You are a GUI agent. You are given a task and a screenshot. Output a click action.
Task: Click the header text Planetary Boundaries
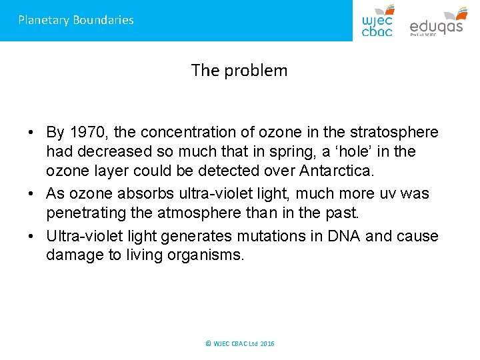[x=76, y=20]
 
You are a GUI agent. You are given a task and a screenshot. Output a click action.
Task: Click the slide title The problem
[x=239, y=70]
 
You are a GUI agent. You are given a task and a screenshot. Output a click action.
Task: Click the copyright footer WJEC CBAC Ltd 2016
[x=240, y=344]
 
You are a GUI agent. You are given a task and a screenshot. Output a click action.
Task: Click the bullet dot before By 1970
[x=32, y=133]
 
